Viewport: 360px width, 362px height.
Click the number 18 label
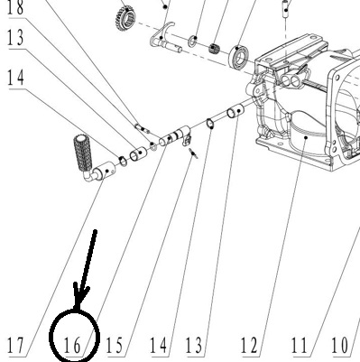[15, 7]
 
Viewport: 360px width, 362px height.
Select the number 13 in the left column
[15, 38]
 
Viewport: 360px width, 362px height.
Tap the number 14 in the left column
[15, 78]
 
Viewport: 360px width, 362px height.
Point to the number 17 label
[15, 345]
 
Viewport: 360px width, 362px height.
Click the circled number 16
[72, 345]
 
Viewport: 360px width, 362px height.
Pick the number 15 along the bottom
[115, 345]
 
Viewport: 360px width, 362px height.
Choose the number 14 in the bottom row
[159, 345]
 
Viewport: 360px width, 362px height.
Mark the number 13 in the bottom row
[194, 345]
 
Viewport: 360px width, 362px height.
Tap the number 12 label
[249, 345]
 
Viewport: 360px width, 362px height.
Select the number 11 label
[300, 345]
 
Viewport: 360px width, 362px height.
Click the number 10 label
[340, 345]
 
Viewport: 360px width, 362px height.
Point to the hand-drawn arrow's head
[79, 296]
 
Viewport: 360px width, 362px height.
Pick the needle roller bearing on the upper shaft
[214, 48]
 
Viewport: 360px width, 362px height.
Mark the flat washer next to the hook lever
[193, 41]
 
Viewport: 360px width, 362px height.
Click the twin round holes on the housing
[291, 80]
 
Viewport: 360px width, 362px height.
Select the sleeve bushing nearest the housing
[235, 111]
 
